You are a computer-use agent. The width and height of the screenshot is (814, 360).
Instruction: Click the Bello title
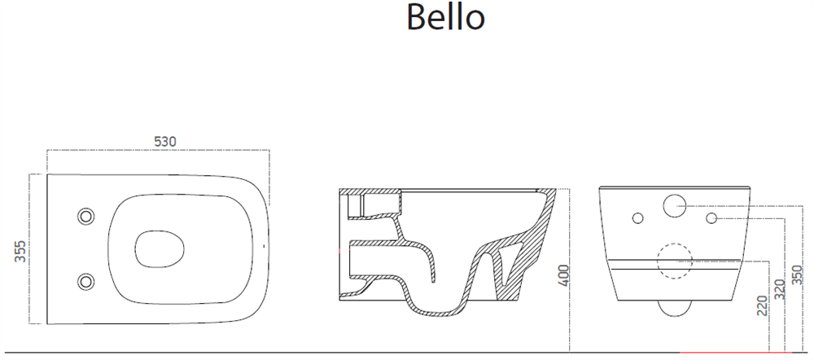[445, 16]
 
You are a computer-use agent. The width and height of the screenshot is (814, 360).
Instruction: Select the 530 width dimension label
[165, 141]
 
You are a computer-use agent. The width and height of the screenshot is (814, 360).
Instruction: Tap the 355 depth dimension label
[20, 252]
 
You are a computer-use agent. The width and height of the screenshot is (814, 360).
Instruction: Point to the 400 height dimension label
[563, 274]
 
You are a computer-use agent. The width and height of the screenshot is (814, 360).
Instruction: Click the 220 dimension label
[762, 305]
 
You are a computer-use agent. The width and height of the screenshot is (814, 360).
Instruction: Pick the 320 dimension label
[779, 289]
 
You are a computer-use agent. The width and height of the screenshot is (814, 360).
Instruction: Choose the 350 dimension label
[797, 274]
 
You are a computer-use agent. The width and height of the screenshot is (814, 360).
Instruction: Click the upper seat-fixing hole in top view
[85, 216]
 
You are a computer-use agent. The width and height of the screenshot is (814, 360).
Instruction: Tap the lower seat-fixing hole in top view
[85, 282]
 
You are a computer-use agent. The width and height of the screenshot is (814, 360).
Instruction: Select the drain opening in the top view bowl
[160, 249]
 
